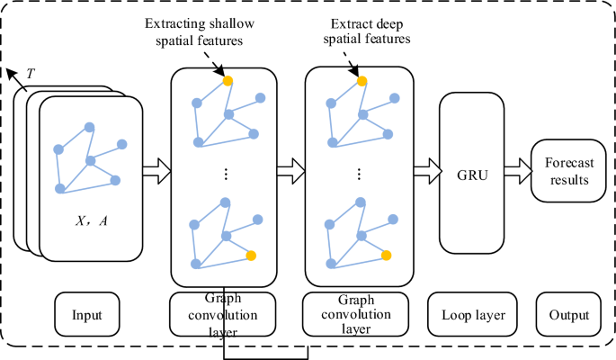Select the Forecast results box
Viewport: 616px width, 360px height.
[566, 171]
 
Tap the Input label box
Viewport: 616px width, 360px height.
[89, 315]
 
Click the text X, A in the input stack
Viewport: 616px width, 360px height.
[90, 220]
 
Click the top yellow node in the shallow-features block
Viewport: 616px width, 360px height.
[228, 81]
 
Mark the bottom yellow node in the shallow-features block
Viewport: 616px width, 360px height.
[251, 256]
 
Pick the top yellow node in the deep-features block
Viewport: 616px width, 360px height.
[362, 81]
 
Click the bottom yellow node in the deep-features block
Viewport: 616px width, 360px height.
[386, 256]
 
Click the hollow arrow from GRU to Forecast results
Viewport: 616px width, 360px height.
[517, 167]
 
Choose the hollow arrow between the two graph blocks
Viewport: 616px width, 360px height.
[291, 167]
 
